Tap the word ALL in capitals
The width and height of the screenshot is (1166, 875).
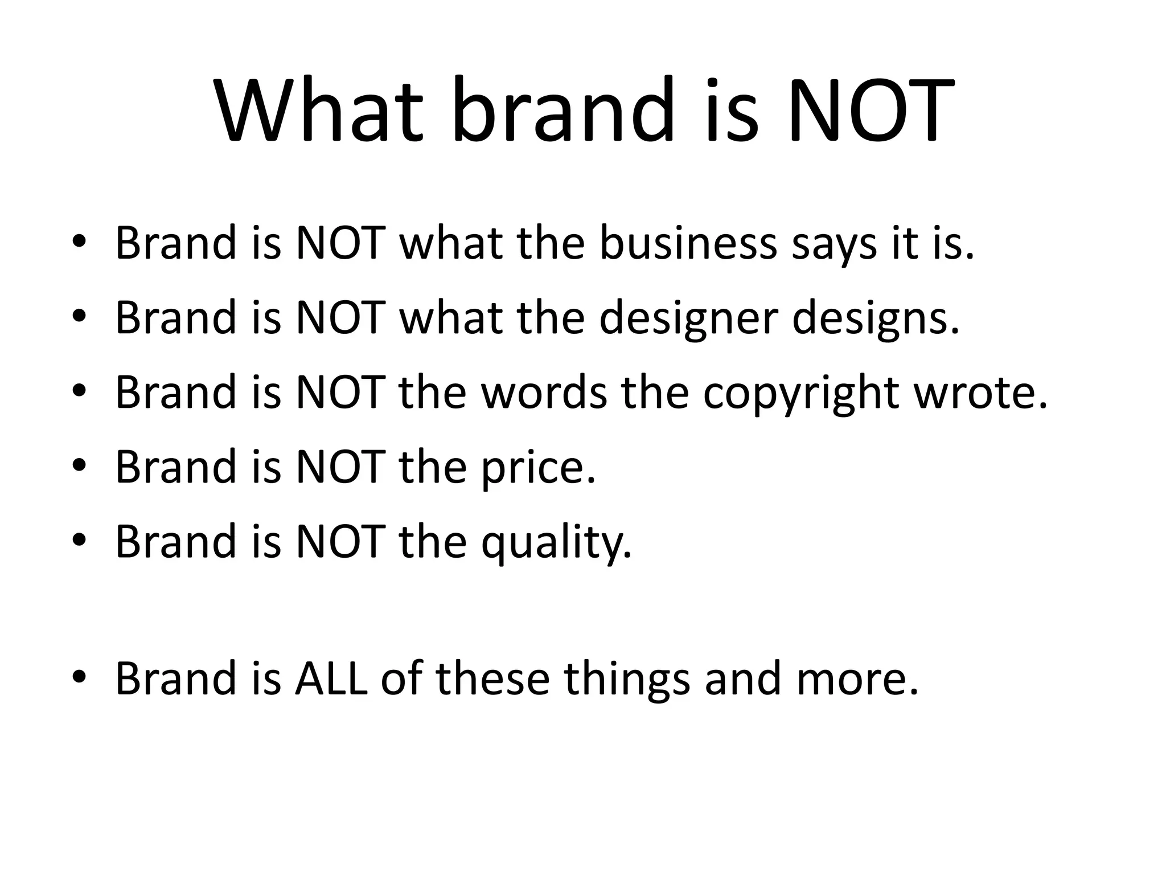pyautogui.click(x=331, y=678)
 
